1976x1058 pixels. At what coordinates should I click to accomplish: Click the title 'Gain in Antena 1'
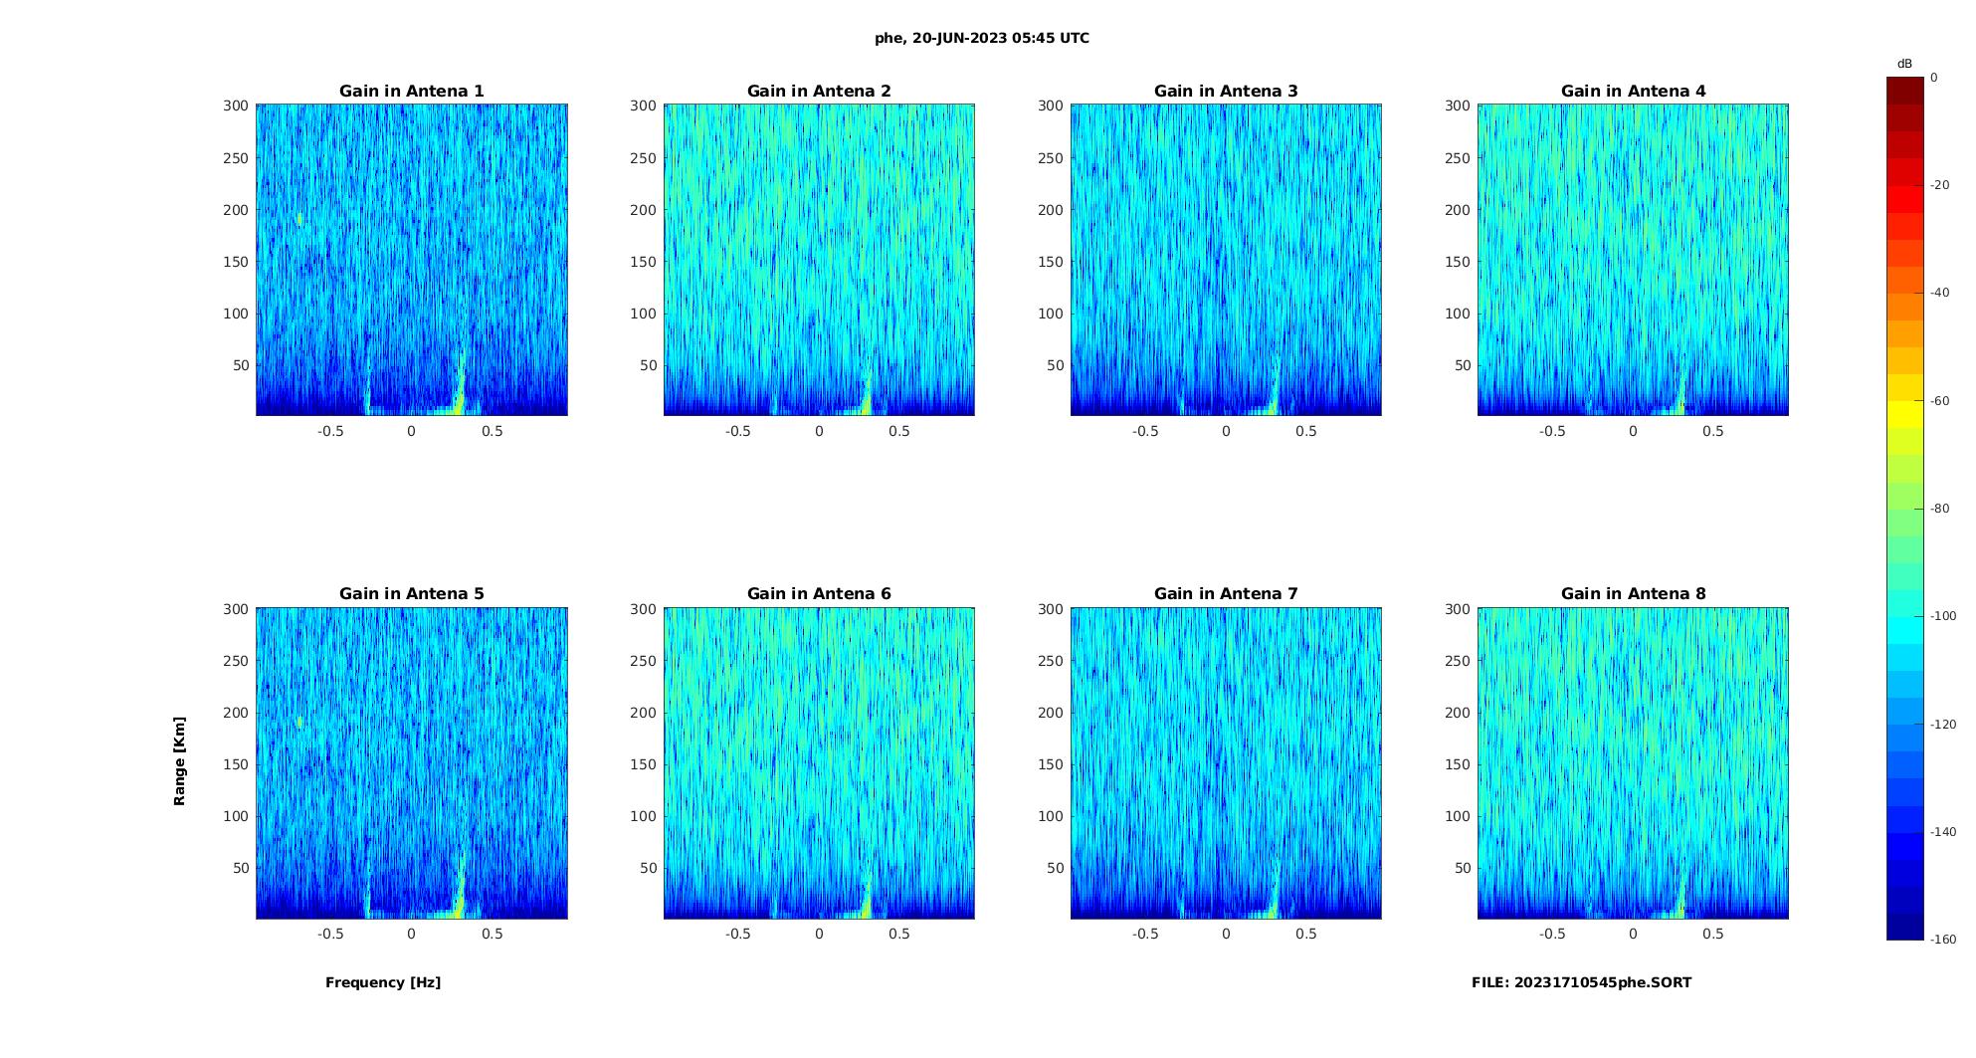411,92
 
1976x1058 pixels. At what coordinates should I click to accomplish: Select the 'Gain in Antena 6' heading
819,594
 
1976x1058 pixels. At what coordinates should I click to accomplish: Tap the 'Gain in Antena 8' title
1633,594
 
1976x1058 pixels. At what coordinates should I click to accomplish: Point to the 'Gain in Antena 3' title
1226,92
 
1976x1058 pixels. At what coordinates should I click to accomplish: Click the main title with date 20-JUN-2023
982,39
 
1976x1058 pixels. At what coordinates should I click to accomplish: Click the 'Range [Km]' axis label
179,761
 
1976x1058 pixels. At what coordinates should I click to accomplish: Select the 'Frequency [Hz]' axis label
383,982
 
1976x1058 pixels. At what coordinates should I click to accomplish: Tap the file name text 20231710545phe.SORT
1581,982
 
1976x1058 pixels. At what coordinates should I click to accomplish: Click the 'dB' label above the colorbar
1904,64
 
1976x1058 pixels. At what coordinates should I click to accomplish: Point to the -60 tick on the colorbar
1940,401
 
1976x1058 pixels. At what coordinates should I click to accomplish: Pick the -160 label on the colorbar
1943,940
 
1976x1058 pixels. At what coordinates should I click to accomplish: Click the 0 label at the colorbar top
1934,78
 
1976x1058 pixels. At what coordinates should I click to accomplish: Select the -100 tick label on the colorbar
1943,616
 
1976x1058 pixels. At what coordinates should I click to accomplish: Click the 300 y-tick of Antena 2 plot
643,106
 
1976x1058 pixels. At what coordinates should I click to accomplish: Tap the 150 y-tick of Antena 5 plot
236,764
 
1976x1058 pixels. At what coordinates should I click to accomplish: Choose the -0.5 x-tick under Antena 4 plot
1552,431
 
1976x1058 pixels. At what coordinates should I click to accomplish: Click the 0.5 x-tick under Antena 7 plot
1306,934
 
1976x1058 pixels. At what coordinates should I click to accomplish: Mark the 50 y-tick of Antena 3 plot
1055,365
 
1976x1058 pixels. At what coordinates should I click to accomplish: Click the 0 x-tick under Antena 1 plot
411,431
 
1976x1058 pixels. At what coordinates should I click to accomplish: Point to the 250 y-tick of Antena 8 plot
1458,661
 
